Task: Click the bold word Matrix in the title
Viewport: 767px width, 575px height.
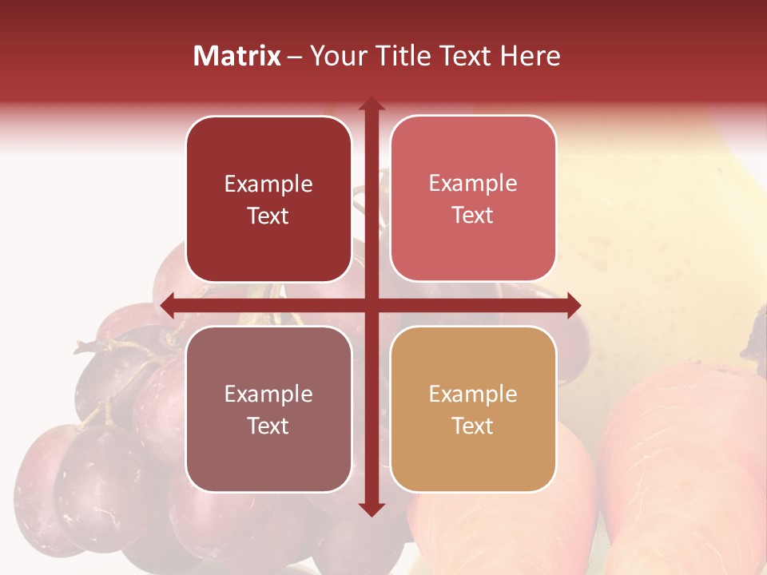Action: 237,56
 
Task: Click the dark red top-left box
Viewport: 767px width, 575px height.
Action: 268,200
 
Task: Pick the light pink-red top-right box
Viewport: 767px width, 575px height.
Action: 473,199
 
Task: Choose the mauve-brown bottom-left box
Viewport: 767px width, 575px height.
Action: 268,409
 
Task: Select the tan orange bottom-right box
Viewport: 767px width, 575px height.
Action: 473,409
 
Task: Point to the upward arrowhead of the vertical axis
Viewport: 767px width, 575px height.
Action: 371,105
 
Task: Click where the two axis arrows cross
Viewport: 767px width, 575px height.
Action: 371,305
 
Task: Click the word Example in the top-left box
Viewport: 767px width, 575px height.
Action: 268,184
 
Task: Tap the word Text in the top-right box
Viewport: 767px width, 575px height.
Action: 473,216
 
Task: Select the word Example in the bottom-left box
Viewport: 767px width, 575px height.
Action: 268,395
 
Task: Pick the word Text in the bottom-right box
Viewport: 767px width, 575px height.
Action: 473,426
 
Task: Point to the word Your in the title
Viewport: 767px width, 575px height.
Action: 336,56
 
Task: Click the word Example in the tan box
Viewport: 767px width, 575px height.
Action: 473,394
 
